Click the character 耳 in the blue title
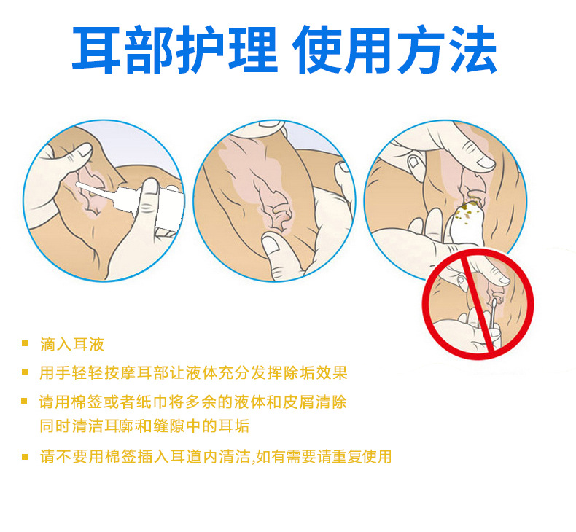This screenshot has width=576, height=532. [x=96, y=50]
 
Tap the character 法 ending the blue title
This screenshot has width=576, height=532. [x=472, y=50]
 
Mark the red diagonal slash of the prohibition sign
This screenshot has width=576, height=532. [x=478, y=304]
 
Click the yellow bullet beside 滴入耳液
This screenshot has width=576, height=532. [x=25, y=344]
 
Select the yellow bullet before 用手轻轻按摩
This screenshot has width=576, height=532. [x=25, y=372]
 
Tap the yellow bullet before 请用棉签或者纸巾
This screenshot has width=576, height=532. [x=25, y=401]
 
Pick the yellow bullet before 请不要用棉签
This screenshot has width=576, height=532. [x=25, y=457]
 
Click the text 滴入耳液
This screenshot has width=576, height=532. [x=72, y=345]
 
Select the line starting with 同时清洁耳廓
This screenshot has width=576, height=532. [x=144, y=426]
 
